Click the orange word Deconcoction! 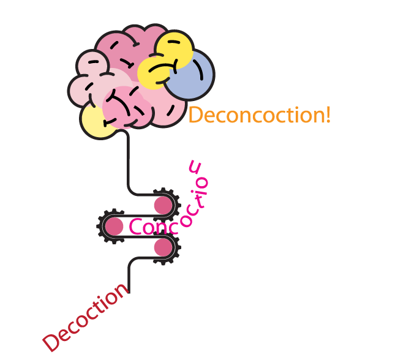point(258,114)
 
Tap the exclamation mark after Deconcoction point(328,114)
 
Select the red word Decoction point(86,318)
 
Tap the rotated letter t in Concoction point(198,197)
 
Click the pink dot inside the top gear point(162,205)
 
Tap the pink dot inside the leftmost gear point(114,227)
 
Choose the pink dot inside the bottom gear point(162,247)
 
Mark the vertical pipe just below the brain point(129,159)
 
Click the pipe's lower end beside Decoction point(129,288)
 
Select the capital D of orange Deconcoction point(195,114)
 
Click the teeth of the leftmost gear point(100,227)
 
